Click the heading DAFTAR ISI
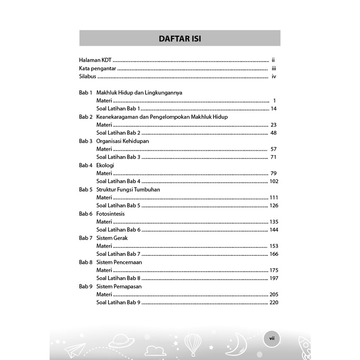pyautogui.click(x=180, y=39)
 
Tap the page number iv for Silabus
pyautogui.click(x=274, y=76)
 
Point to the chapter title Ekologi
pyautogui.click(x=105, y=165)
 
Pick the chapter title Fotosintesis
pyautogui.click(x=110, y=214)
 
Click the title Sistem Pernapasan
pyautogui.click(x=119, y=287)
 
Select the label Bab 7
pyautogui.click(x=86, y=238)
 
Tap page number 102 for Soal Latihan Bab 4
pyautogui.click(x=273, y=181)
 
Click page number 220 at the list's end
pyautogui.click(x=273, y=303)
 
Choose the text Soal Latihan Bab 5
pyautogui.click(x=118, y=205)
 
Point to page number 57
pyautogui.click(x=273, y=149)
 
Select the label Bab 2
pyautogui.click(x=86, y=117)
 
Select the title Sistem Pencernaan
pyautogui.click(x=119, y=262)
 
